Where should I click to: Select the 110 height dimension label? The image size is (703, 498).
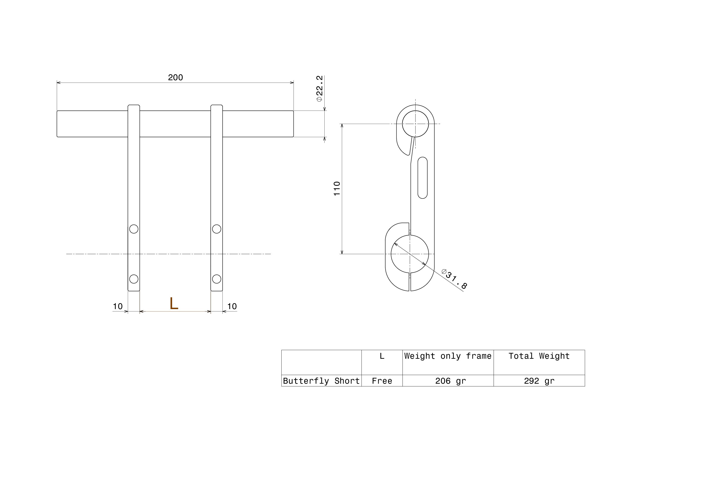point(337,189)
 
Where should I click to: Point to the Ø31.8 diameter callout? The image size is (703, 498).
point(454,279)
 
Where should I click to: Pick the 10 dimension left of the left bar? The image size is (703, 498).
point(118,306)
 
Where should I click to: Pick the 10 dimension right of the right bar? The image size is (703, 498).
point(232,306)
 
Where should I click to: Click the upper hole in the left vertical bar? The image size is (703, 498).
point(134,229)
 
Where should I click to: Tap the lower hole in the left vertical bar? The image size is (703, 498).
point(134,279)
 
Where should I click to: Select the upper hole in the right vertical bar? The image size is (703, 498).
point(217,229)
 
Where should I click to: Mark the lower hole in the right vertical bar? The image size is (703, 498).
point(217,279)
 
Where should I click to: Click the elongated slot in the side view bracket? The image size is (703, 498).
point(423,178)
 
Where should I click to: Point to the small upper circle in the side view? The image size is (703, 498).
point(416,111)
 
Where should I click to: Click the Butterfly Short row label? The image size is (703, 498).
point(321,381)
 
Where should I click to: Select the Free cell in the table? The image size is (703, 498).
point(382,381)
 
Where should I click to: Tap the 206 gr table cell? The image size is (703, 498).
point(451,381)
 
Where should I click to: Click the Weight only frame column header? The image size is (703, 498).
point(448,356)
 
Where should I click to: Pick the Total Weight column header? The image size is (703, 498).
point(539,356)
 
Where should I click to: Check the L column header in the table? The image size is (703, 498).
point(382,356)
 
